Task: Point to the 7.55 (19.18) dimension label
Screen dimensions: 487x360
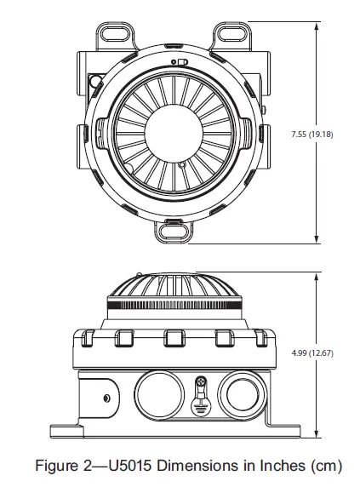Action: click(x=311, y=134)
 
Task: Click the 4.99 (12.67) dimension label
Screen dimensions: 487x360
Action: click(x=311, y=350)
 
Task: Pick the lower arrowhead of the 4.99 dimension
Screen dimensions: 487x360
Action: click(x=317, y=427)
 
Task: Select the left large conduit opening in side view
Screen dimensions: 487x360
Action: click(x=156, y=396)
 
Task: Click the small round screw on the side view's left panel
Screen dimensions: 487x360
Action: click(x=106, y=398)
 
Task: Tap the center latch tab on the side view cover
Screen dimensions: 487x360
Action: click(x=174, y=338)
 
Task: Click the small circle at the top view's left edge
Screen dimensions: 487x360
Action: click(x=96, y=83)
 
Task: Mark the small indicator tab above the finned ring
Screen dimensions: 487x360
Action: click(x=180, y=63)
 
